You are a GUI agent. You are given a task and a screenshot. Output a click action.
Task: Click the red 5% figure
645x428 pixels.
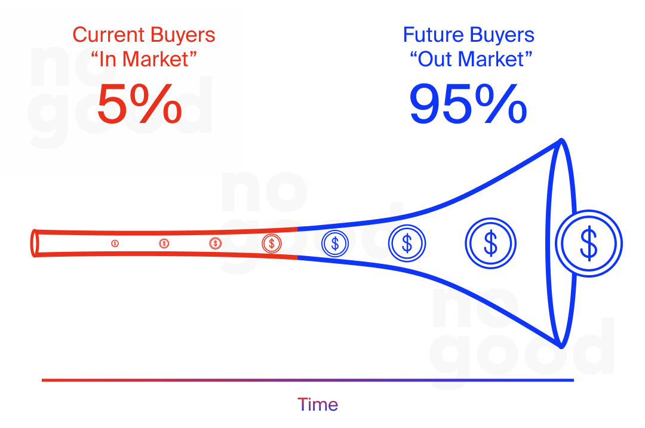[x=139, y=104]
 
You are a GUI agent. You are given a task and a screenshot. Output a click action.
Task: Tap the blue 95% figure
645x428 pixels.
[x=468, y=104]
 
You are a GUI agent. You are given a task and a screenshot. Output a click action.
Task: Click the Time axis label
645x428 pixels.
[x=318, y=404]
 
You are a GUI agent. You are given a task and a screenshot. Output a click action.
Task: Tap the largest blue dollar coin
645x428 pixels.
[x=589, y=243]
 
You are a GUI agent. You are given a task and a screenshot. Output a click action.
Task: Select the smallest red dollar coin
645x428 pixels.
[x=115, y=244]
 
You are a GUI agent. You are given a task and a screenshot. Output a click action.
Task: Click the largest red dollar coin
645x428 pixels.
[x=272, y=243]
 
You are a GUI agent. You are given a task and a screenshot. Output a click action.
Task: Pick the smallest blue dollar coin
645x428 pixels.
[x=335, y=243]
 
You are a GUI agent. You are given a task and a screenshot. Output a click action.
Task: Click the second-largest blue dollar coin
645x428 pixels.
[x=490, y=243]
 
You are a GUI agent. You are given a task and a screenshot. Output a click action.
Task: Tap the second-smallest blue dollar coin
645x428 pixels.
[x=407, y=243]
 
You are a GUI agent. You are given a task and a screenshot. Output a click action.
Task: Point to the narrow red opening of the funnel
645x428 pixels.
[x=35, y=243]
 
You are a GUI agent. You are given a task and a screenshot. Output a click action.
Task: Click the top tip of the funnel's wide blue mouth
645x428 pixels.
[x=561, y=141]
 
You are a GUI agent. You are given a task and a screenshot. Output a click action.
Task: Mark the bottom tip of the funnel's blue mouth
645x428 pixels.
[x=561, y=344]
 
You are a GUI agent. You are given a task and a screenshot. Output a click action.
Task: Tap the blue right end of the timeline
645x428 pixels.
[x=572, y=380]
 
